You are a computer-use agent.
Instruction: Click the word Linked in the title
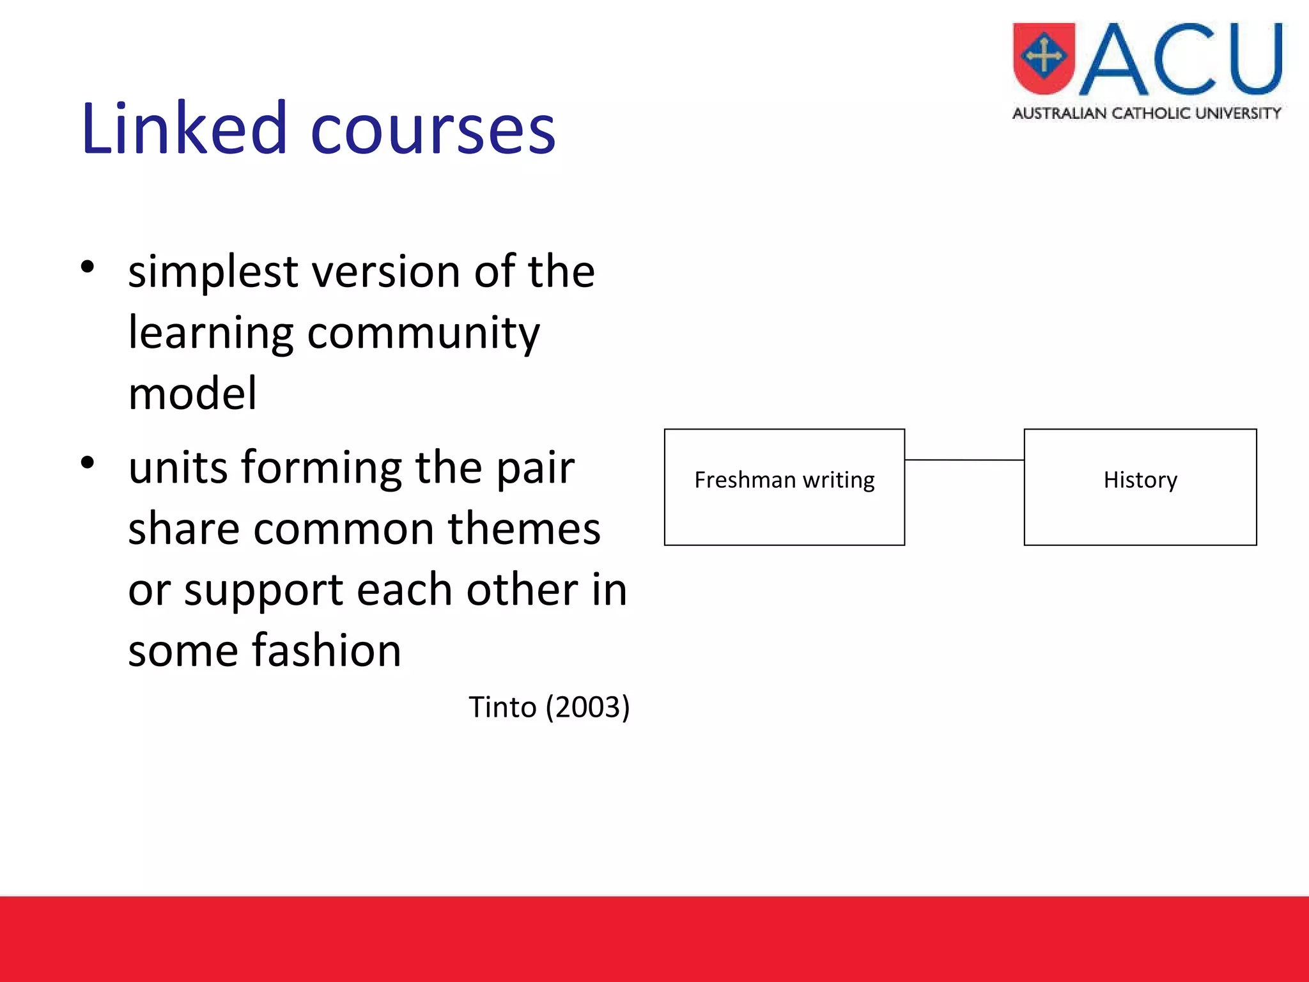[x=184, y=130]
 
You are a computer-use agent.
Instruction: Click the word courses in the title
[x=433, y=130]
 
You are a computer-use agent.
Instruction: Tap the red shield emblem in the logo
[x=1044, y=58]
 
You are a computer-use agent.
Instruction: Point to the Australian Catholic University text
[x=1147, y=114]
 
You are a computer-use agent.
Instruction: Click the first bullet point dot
[x=88, y=267]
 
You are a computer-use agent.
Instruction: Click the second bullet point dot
[x=88, y=462]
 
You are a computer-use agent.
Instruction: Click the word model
[x=192, y=394]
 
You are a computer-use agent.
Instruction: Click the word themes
[x=524, y=529]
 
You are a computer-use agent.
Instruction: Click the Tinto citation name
[x=502, y=707]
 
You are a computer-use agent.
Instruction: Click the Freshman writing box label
[x=784, y=480]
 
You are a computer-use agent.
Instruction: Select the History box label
[x=1140, y=480]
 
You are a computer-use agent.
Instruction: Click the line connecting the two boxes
[x=964, y=460]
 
